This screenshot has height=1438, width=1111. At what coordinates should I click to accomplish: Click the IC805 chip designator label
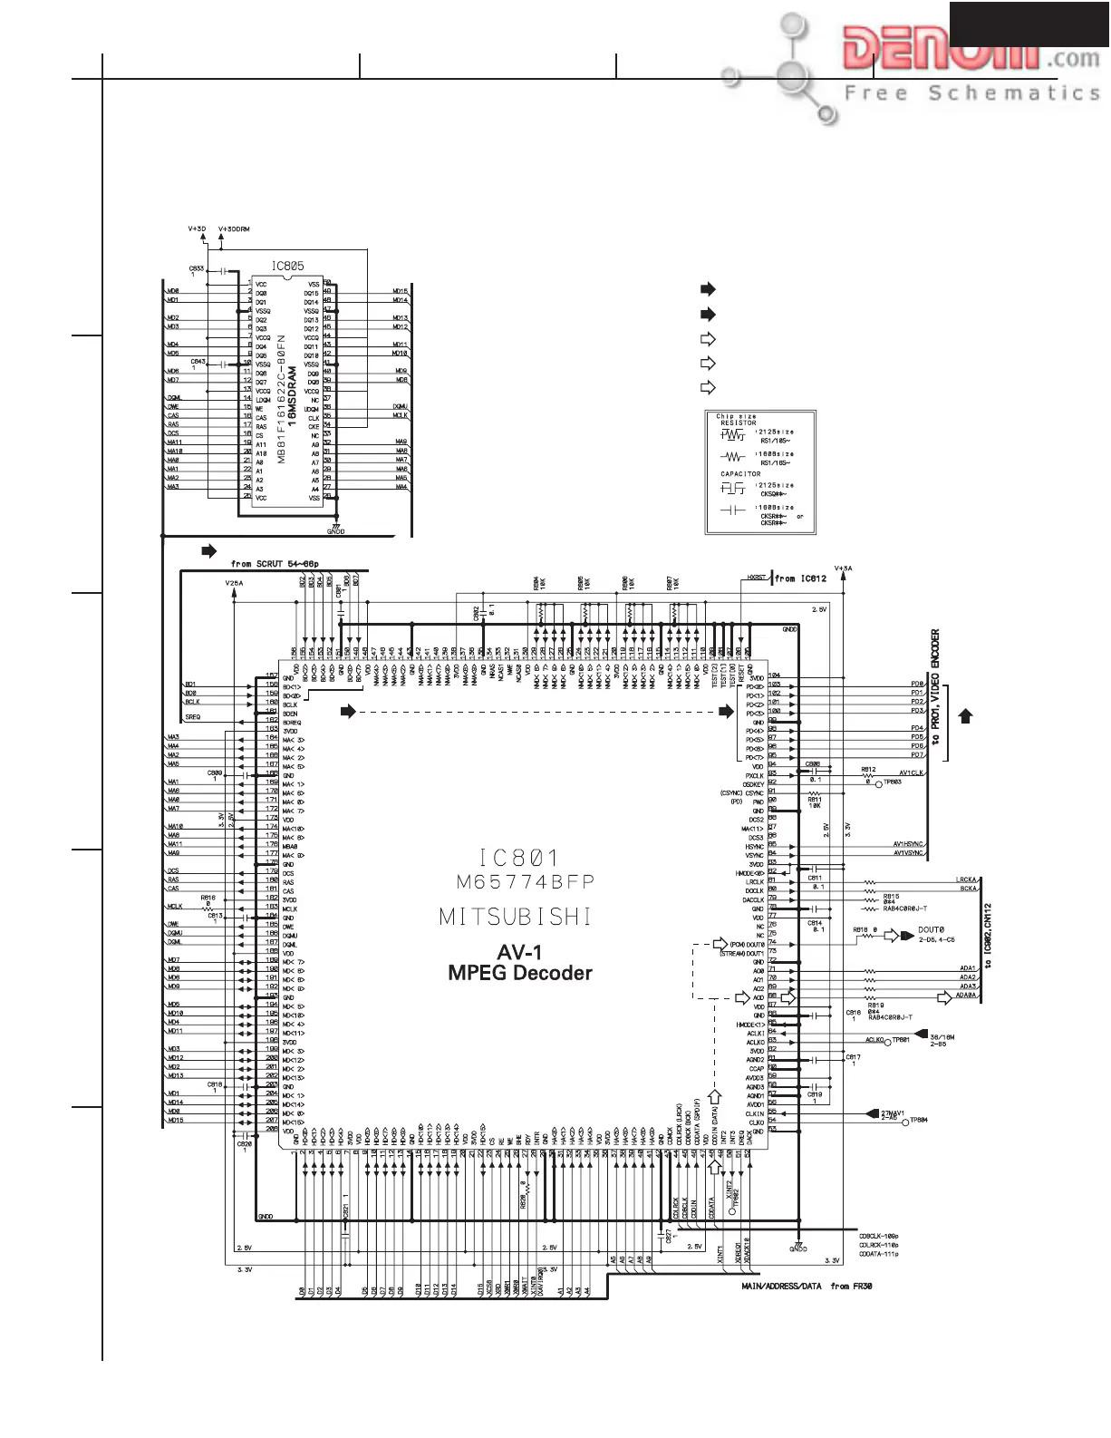click(287, 267)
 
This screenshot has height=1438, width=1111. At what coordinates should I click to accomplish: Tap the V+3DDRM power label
click(234, 229)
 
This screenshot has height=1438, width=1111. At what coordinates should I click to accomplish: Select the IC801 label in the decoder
click(519, 857)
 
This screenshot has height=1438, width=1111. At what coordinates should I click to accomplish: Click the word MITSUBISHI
click(516, 917)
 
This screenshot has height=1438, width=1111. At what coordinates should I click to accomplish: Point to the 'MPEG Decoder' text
click(520, 973)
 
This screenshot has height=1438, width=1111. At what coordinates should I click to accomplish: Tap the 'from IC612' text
click(800, 578)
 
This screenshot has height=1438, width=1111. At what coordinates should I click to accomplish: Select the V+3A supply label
click(843, 568)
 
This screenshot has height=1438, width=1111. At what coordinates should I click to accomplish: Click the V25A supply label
click(234, 584)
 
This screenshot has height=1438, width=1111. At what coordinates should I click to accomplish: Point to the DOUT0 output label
click(931, 930)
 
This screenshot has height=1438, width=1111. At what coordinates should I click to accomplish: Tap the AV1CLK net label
click(911, 772)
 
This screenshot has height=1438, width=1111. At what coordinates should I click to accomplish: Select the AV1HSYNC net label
click(907, 844)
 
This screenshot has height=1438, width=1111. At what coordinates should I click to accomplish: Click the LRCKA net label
click(966, 879)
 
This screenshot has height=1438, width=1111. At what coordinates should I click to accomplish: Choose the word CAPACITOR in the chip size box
click(740, 473)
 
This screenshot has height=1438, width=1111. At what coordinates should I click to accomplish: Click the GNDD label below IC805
click(335, 531)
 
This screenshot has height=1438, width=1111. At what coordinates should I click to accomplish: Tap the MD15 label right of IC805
click(400, 291)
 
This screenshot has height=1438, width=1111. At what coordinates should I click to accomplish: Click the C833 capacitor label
click(196, 268)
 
